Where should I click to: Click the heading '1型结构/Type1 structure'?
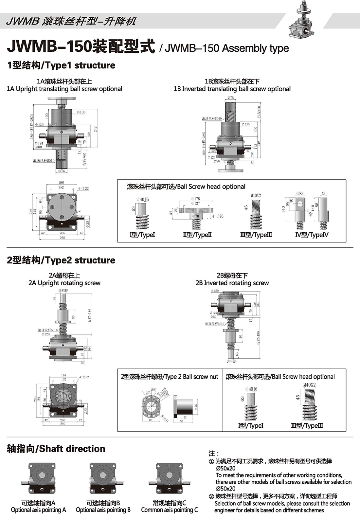[61, 65]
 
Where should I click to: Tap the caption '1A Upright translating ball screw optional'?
[64, 89]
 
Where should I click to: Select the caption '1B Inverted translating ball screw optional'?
[232, 89]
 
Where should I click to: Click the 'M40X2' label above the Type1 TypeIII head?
[256, 196]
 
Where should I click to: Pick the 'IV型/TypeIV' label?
[312, 235]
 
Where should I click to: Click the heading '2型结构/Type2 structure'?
[61, 260]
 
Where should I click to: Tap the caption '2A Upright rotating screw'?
[64, 283]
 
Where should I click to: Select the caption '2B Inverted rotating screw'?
[232, 283]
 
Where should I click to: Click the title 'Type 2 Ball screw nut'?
[169, 377]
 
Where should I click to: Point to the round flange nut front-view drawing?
[151, 405]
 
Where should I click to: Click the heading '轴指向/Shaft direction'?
[56, 449]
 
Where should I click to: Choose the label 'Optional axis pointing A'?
[38, 510]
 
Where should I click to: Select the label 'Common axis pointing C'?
[169, 510]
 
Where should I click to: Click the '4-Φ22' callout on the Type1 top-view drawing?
[83, 189]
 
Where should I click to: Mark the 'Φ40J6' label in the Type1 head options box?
[142, 200]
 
